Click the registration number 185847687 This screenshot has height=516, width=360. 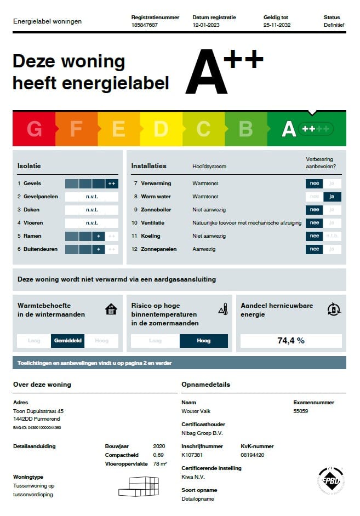(x=145, y=25)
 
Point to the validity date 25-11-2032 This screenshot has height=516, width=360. (x=277, y=25)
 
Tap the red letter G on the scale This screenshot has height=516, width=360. (x=34, y=129)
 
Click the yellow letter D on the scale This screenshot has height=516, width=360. (x=161, y=129)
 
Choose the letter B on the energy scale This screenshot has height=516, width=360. (x=245, y=129)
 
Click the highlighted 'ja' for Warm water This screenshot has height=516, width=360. (x=332, y=197)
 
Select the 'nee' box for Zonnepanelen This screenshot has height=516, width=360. (x=314, y=249)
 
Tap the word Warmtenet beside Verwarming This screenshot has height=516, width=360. (x=205, y=184)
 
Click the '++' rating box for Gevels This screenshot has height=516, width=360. (x=112, y=184)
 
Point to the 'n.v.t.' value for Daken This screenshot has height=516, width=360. (x=92, y=210)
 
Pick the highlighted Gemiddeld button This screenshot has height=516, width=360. (x=68, y=341)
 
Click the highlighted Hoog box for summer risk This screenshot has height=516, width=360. (x=203, y=341)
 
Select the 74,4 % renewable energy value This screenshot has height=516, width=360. (x=290, y=341)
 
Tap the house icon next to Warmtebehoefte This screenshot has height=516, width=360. (x=111, y=309)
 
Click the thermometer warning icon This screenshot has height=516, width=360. (x=222, y=309)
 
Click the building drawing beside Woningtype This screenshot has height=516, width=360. (x=139, y=486)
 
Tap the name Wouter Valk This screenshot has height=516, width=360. (x=196, y=411)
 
